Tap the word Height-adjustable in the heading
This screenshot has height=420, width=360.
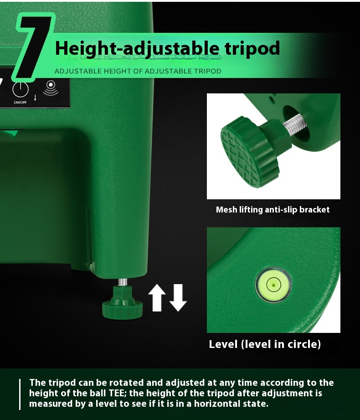click(x=137, y=49)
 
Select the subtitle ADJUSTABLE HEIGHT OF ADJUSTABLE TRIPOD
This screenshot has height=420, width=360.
click(x=138, y=71)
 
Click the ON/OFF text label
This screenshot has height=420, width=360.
click(x=20, y=102)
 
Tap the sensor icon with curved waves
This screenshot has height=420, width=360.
click(x=51, y=88)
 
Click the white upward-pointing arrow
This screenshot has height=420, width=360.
click(x=157, y=298)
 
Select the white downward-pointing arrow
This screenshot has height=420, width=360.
click(x=178, y=298)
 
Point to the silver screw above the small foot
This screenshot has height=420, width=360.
click(x=123, y=282)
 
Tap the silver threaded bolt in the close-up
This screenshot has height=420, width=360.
click(x=294, y=124)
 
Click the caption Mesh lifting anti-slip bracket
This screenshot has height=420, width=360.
click(x=273, y=209)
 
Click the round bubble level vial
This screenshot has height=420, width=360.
click(x=273, y=284)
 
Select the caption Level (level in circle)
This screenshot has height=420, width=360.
click(x=265, y=344)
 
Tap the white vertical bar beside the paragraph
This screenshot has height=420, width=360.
click(x=20, y=394)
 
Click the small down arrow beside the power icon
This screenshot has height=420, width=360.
click(x=35, y=98)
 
